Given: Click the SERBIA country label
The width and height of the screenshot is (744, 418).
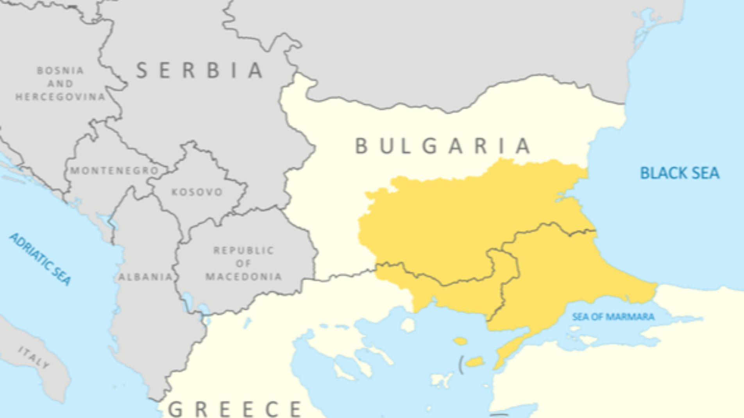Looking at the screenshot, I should [199, 70].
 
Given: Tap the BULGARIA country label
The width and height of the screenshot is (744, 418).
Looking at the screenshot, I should [442, 146].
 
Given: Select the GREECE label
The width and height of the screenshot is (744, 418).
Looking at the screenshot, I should [235, 409].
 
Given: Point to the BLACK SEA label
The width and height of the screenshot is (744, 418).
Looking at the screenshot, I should [680, 173].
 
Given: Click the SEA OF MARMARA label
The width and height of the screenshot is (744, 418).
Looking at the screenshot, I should [613, 317].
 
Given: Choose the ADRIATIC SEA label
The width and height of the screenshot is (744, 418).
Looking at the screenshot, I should [41, 259].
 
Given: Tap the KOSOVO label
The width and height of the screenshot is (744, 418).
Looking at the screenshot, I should [197, 192].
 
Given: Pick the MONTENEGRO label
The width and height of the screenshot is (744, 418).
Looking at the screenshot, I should [114, 171].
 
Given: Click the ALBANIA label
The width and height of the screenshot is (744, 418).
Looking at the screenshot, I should [145, 277].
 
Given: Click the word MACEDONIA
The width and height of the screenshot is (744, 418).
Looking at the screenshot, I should [244, 277].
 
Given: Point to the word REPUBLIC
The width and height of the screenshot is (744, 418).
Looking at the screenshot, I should [244, 250].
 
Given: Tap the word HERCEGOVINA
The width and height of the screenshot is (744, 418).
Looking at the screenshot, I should [61, 97].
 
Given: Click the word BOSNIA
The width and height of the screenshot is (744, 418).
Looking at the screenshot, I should [61, 71].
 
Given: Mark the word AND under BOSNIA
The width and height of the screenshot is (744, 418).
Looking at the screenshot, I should [61, 84].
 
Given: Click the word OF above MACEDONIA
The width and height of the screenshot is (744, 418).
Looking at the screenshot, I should [243, 263].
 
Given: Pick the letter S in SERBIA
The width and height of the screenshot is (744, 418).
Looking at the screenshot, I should [141, 71].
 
